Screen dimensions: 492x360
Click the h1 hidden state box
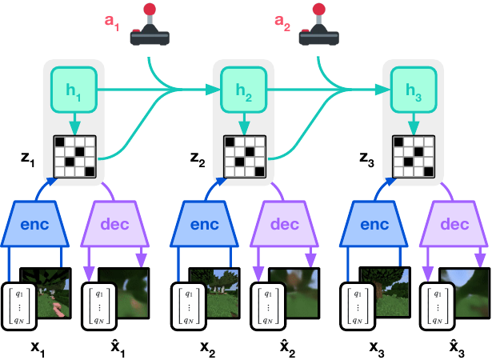click(x=74, y=90)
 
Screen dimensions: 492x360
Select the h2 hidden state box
click(x=244, y=90)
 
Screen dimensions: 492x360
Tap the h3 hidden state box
click(x=414, y=90)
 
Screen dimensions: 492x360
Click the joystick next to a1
click(x=150, y=25)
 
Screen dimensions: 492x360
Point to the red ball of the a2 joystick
click(x=318, y=9)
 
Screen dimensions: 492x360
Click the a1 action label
click(x=112, y=22)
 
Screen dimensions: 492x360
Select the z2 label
click(x=198, y=159)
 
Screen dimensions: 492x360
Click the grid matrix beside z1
click(x=75, y=157)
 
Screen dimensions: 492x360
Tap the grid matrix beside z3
click(x=414, y=157)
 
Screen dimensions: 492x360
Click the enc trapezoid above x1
click(x=34, y=223)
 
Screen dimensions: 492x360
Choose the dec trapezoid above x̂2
click(x=284, y=223)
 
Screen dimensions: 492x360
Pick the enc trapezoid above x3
click(x=374, y=223)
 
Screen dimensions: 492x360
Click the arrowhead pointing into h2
click(x=214, y=90)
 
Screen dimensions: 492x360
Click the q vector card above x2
click(x=189, y=306)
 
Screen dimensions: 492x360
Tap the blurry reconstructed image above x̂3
click(x=465, y=293)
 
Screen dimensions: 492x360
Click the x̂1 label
click(x=118, y=347)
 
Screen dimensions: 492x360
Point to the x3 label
click(x=377, y=349)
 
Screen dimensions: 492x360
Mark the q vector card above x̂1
click(x=99, y=306)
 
